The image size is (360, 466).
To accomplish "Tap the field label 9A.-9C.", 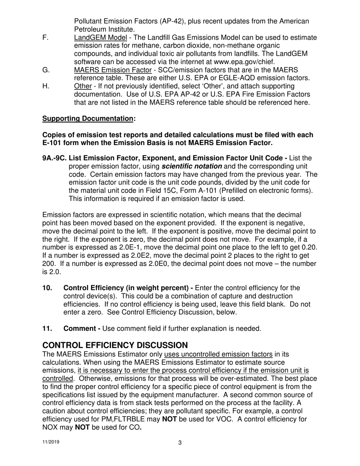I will (54, 158).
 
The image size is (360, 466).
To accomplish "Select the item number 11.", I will (47, 328).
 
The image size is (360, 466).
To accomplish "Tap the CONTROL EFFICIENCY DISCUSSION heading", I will (115, 345).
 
